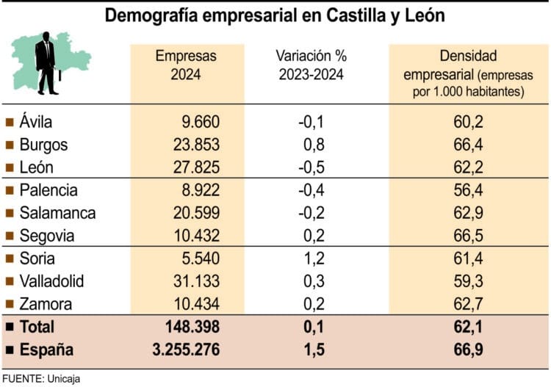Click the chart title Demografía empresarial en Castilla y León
275,15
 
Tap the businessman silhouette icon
46,62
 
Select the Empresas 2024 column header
187,65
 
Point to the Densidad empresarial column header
468,73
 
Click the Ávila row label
36,122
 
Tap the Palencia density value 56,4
468,191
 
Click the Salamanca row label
57,214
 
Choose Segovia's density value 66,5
468,236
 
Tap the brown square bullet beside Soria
10,259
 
